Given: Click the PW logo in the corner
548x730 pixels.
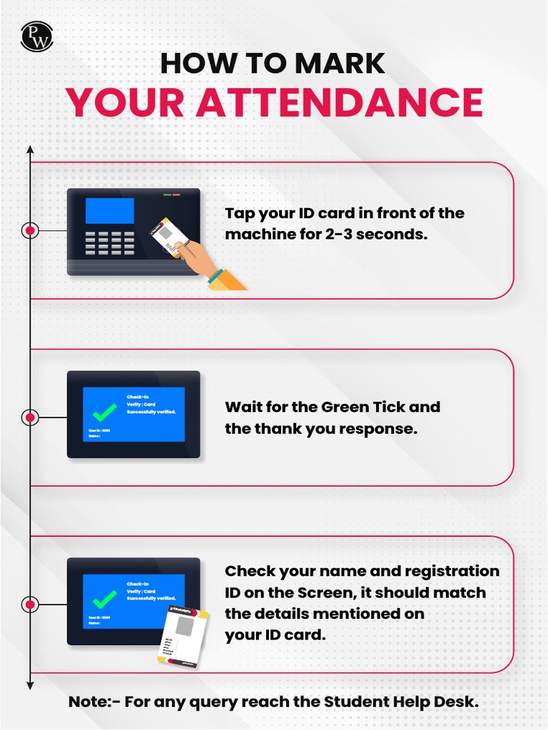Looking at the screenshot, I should pos(37,36).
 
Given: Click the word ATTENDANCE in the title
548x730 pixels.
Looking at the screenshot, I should pos(340,102).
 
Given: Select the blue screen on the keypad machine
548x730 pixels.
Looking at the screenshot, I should pos(109,211).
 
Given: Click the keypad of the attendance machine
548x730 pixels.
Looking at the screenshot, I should pos(110,243).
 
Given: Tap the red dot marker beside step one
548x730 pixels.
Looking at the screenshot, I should pos(30,231).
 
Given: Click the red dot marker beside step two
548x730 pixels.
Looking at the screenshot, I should pos(30,418).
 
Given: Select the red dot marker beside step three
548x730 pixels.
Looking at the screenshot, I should pos(30,605).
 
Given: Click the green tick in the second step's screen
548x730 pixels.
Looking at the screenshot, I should pos(105,411).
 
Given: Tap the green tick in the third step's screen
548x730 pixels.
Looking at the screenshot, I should pos(105,598).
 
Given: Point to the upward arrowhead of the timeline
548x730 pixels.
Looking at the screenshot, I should pos(30,150).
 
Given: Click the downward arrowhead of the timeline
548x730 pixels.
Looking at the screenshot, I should pos(30,685).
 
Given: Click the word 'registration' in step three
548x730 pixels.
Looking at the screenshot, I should pos(452,571).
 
